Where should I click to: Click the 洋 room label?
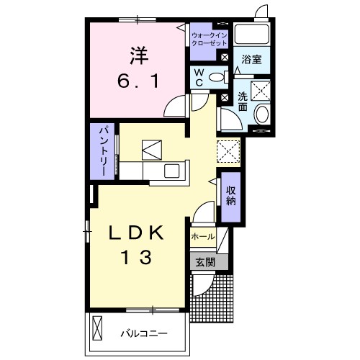[139, 55]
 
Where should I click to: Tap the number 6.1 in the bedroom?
[138, 81]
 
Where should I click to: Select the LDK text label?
[136, 233]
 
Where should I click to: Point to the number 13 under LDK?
[137, 257]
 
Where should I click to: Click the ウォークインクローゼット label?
[210, 40]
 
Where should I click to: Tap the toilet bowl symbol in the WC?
[218, 77]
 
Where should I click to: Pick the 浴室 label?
[251, 59]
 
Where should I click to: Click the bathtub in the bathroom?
[252, 34]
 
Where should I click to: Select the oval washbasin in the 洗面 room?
[262, 114]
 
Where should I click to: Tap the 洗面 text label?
[243, 102]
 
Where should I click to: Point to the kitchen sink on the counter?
[171, 171]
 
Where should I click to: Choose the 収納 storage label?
[230, 196]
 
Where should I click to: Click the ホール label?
[203, 237]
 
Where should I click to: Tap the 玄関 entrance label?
[205, 262]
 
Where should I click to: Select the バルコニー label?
[144, 333]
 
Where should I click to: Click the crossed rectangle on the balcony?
[97, 328]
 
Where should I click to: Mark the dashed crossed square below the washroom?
[228, 151]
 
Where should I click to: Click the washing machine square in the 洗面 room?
[261, 91]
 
